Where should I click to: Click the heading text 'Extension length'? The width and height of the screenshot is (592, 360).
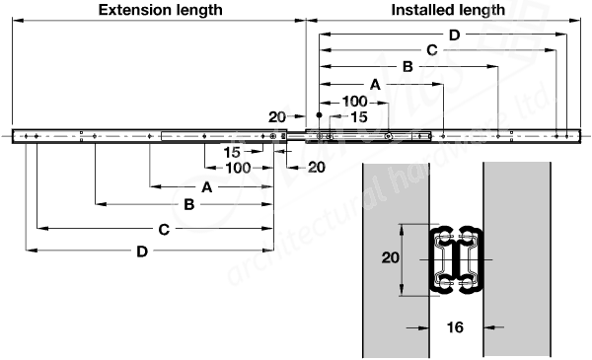tap(159, 10)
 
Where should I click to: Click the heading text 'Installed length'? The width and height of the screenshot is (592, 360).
tap(447, 10)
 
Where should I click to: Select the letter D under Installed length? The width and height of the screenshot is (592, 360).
tap(453, 36)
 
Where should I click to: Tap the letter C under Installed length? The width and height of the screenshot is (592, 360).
tap(430, 51)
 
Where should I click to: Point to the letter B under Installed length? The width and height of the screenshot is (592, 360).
tap(407, 67)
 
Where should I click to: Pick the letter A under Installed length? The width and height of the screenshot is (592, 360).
tap(375, 86)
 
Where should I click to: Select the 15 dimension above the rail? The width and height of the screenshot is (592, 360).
tap(359, 117)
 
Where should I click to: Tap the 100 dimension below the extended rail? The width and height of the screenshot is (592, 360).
tap(236, 168)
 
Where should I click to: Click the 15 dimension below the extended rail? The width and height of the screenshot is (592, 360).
tap(232, 152)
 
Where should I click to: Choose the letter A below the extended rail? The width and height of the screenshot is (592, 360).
tap(206, 186)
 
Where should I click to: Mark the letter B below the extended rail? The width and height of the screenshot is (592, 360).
tap(188, 205)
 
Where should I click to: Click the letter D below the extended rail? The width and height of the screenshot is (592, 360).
tap(142, 252)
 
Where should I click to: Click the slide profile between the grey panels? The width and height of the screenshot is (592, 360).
tap(457, 258)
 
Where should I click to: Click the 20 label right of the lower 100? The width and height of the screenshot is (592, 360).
tap(316, 168)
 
